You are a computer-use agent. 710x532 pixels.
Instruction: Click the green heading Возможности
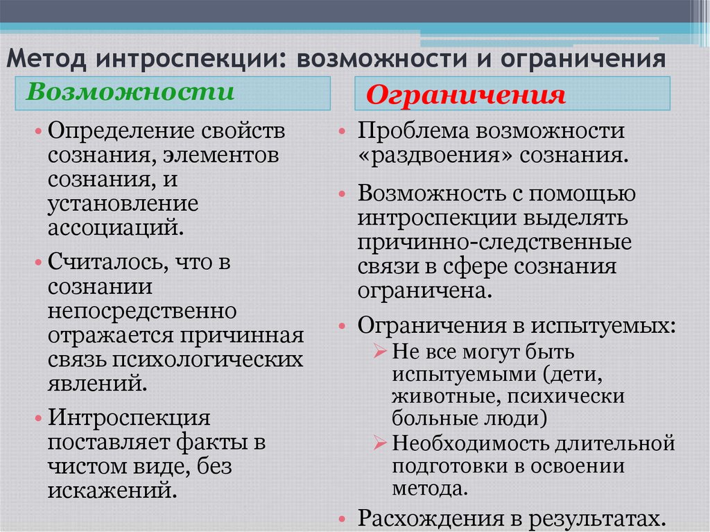(130, 92)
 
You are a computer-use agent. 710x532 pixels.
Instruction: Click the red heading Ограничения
(466, 95)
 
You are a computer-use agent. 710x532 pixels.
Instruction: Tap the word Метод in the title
(46, 59)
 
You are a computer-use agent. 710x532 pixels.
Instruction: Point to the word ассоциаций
(116, 227)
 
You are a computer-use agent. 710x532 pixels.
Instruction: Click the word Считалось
(107, 262)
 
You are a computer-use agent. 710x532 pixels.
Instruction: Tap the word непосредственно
(142, 311)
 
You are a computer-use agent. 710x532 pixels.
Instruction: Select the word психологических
(207, 359)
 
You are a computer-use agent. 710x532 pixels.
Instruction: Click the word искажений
(112, 490)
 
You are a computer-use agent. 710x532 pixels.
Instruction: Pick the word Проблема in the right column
(413, 131)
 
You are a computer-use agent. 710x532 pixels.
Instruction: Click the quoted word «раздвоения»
(435, 155)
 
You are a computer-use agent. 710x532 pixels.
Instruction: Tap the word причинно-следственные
(494, 242)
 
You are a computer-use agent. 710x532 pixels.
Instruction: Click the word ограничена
(425, 290)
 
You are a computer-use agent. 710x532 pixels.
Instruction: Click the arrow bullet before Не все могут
(379, 351)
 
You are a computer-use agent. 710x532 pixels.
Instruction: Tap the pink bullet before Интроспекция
(39, 418)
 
